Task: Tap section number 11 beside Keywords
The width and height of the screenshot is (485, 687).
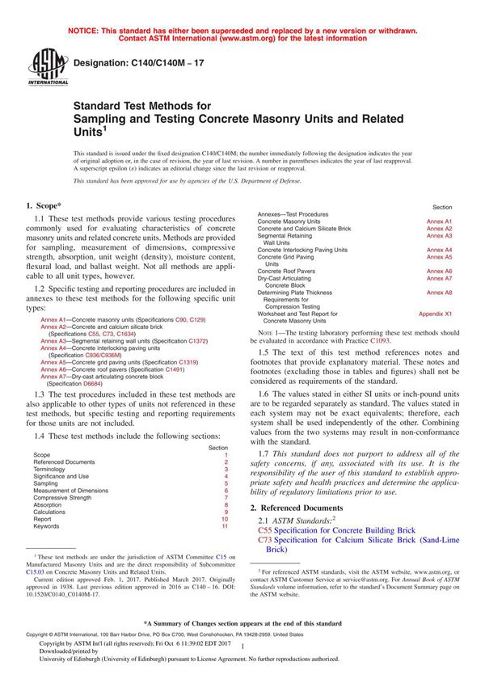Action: point(225,526)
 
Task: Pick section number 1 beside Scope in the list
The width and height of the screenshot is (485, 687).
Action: point(226,455)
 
